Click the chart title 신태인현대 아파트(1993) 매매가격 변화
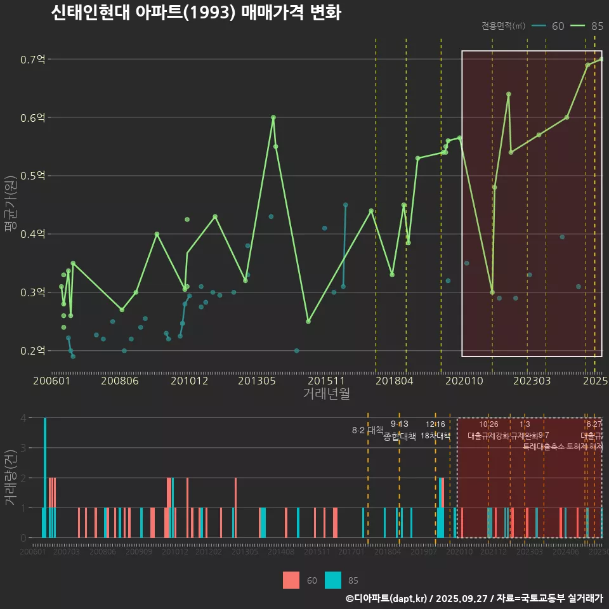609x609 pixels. click(x=196, y=13)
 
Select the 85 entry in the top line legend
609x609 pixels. click(x=587, y=26)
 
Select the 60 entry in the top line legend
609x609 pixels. click(x=548, y=26)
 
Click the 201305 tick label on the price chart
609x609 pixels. click(x=256, y=381)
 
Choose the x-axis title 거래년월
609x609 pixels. click(x=326, y=394)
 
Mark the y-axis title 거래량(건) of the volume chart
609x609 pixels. click(x=10, y=478)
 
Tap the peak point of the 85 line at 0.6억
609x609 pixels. click(x=273, y=117)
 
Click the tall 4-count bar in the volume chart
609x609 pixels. click(x=45, y=478)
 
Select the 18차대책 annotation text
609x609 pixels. click(x=435, y=436)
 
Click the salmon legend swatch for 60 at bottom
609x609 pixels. click(x=291, y=580)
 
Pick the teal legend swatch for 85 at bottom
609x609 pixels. click(x=333, y=580)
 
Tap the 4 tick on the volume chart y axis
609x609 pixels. click(x=23, y=418)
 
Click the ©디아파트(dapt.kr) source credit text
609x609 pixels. click(x=388, y=598)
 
